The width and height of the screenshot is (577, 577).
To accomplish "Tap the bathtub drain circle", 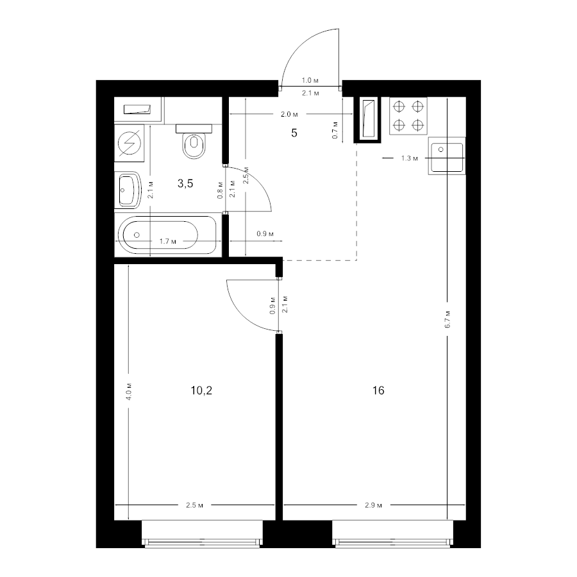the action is (137, 235).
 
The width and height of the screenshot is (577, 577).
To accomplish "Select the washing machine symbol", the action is (129, 143).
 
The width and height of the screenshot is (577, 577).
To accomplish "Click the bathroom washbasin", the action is (128, 190).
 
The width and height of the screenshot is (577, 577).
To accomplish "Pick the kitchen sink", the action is (447, 156).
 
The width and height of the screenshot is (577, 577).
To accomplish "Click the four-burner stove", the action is (408, 116).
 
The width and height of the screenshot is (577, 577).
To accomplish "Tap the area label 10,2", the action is (201, 390).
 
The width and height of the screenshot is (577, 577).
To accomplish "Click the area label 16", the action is (378, 390).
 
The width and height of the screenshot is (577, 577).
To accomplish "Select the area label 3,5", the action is (185, 183).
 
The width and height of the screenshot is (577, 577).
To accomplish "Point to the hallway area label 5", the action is (294, 133).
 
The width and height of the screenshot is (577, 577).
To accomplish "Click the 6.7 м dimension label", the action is (448, 319).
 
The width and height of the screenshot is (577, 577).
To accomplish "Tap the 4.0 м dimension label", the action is (129, 392).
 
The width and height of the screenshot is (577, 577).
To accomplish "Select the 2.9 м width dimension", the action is (374, 505).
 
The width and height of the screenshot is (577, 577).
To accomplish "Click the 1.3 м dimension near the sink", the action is (409, 158).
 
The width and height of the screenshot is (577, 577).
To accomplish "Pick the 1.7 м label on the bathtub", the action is (167, 242).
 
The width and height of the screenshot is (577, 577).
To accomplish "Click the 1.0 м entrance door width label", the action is (310, 80).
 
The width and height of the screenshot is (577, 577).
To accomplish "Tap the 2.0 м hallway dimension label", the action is (289, 115).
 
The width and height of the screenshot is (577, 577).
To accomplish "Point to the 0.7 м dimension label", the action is (335, 130).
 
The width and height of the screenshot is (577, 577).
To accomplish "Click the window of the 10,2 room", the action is (203, 534).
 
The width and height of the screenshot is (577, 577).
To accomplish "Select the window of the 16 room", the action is (392, 534).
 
